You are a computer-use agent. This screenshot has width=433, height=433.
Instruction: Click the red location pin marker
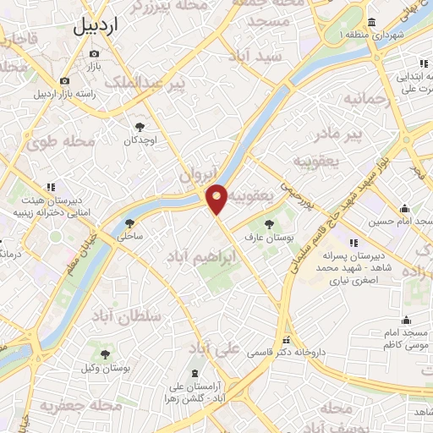pos(217,198)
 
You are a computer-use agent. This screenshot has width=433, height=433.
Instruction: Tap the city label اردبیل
pos(108,25)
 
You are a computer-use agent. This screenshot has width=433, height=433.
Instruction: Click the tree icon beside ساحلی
pos(130,224)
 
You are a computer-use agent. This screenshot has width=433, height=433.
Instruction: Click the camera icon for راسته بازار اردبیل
pos(64,81)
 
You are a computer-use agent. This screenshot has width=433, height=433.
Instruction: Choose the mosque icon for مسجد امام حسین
pos(405,208)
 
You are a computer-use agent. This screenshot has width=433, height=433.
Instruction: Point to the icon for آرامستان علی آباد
pos(197,373)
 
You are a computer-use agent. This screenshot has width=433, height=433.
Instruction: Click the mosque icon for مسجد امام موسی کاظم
pos(408,320)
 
